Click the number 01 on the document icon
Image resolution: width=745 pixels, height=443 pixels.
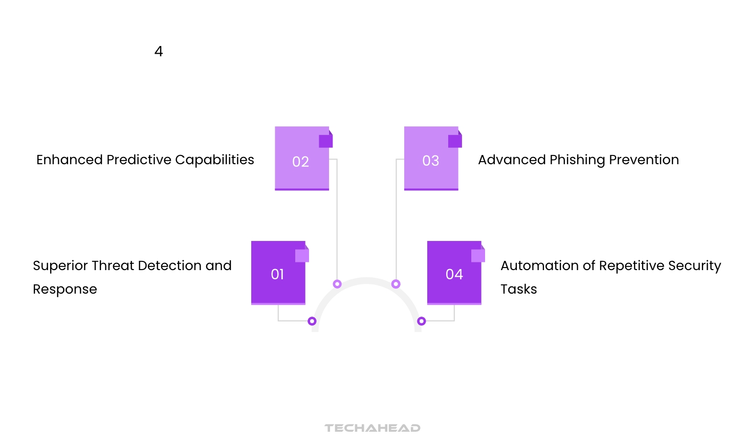(x=277, y=275)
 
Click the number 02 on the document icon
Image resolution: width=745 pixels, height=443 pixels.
(x=300, y=162)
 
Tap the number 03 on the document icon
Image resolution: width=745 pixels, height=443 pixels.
(x=430, y=161)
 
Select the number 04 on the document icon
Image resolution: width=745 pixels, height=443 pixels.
(x=454, y=275)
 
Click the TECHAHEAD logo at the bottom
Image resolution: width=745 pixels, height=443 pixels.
(x=372, y=428)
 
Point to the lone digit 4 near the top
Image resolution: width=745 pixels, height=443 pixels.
(x=159, y=52)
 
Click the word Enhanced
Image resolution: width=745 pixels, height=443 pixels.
(x=70, y=160)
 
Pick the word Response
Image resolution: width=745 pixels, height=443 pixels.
(x=65, y=290)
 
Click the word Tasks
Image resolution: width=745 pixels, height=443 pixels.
(x=518, y=290)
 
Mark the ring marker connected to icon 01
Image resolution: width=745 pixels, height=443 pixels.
(x=312, y=321)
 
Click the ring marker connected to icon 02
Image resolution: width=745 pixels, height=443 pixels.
(x=337, y=284)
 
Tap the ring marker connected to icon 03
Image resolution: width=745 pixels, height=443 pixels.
(x=396, y=284)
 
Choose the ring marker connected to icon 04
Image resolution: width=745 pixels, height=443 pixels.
(x=422, y=321)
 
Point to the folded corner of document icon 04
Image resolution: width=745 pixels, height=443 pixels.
(x=478, y=255)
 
